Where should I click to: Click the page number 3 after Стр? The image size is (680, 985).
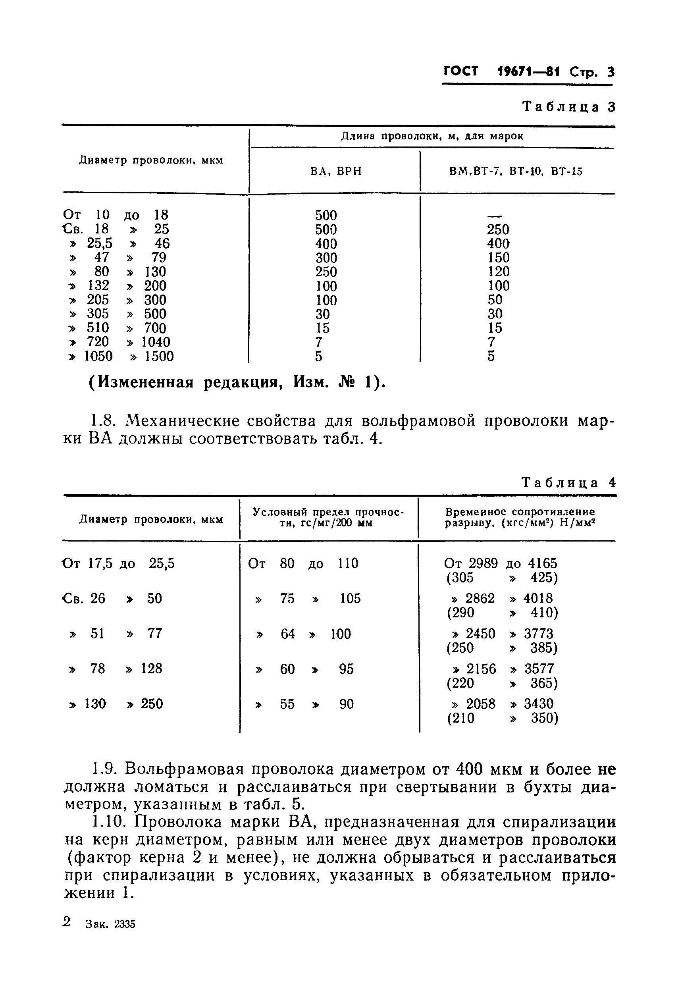tap(610, 72)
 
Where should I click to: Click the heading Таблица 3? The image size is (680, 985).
tap(569, 106)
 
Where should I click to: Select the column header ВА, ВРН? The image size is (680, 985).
tap(336, 171)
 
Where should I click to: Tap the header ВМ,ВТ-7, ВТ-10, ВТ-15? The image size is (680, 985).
tap(516, 171)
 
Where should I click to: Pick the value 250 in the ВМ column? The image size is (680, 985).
tap(498, 229)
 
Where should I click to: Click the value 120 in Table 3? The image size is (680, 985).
tap(499, 272)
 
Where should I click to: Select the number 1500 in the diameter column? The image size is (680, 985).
tap(159, 357)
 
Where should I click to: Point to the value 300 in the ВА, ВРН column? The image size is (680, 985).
tap(326, 258)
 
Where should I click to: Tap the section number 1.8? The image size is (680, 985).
tap(104, 421)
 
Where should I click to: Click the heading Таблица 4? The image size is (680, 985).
tap(569, 483)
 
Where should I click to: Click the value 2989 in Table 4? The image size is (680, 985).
tap(483, 564)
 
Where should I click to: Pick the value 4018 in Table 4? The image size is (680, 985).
tap(538, 599)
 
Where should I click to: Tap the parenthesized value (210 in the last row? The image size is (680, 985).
tap(460, 718)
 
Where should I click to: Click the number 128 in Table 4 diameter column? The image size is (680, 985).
tap(151, 669)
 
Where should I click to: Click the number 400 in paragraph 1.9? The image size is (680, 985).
tap(472, 769)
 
